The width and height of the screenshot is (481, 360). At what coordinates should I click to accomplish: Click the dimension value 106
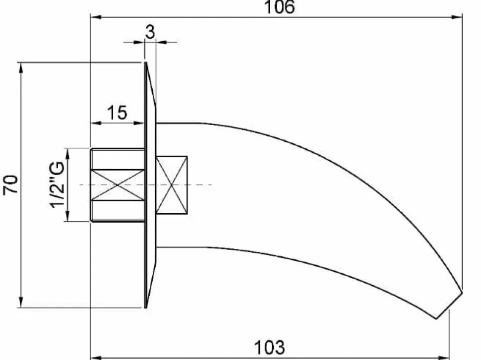pos(280,7)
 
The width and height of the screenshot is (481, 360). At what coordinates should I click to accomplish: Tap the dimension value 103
pos(270,348)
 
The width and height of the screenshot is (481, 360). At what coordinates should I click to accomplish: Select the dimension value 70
pos(10,184)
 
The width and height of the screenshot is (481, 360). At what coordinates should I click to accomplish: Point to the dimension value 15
pos(117,113)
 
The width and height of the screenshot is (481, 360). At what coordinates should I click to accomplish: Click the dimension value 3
pos(150,32)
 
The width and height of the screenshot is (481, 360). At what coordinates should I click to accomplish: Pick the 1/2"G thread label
pos(58,184)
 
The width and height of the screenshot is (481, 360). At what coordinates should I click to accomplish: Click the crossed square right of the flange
pos(172,185)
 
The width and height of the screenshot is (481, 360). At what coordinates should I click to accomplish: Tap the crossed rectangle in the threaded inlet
pos(118,185)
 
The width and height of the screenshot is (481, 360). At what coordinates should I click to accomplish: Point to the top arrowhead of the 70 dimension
pos(21,68)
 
